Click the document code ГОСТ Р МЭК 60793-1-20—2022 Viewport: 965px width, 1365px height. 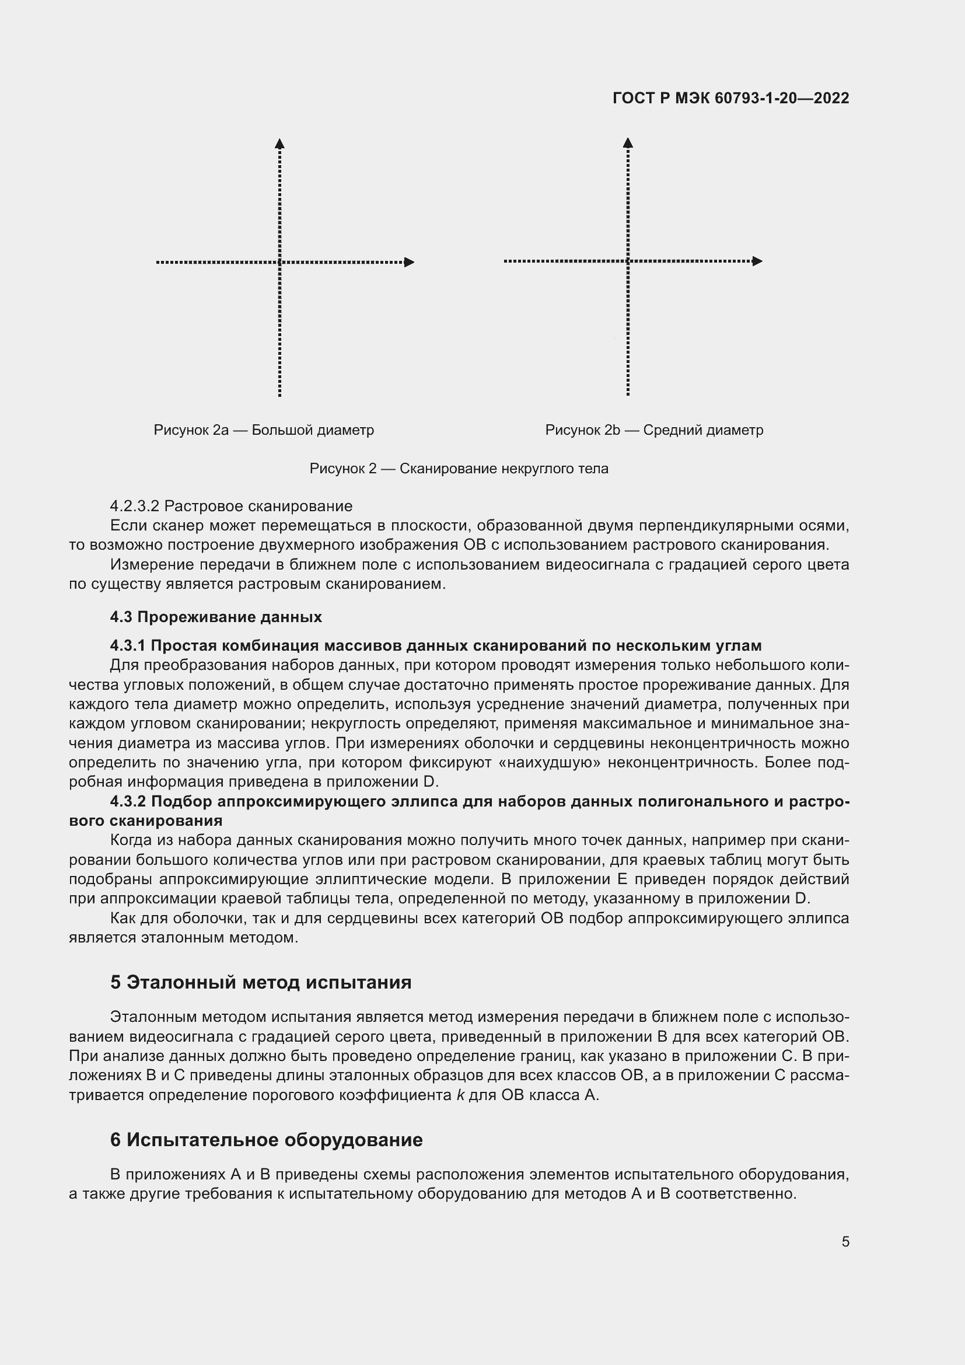pyautogui.click(x=730, y=98)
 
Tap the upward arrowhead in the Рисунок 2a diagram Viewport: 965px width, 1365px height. pyautogui.click(x=280, y=144)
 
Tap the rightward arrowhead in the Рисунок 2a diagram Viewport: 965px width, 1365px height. pyautogui.click(x=409, y=262)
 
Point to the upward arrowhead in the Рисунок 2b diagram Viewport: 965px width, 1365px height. pyautogui.click(x=628, y=142)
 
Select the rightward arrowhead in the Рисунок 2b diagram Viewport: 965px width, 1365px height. pyautogui.click(x=757, y=261)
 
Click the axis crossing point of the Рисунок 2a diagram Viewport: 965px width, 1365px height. pyautogui.click(x=280, y=262)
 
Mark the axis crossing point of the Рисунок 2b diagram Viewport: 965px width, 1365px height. pyautogui.click(x=628, y=261)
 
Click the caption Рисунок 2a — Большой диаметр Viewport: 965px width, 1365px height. pyautogui.click(x=264, y=430)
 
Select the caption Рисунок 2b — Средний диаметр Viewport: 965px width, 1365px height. pyautogui.click(x=654, y=430)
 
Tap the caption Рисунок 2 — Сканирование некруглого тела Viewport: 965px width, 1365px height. pyautogui.click(x=459, y=469)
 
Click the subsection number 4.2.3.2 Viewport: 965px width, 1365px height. pyautogui.click(x=134, y=507)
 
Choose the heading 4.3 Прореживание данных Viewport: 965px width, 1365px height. pyautogui.click(x=216, y=616)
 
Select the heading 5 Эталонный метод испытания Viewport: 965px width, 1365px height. pyautogui.click(x=261, y=982)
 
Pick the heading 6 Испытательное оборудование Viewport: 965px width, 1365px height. pyautogui.click(x=266, y=1140)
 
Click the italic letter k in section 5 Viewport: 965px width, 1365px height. pyautogui.click(x=460, y=1095)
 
